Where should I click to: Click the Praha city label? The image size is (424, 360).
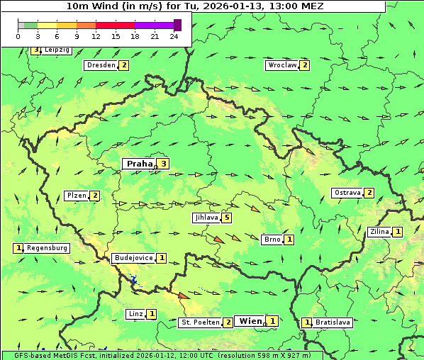[x=139, y=164]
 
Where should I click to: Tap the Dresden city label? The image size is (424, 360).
[x=100, y=65]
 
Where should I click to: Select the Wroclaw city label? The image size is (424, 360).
[x=281, y=65]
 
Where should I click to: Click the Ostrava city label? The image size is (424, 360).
[x=347, y=193]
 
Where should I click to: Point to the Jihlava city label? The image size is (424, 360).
[x=206, y=218]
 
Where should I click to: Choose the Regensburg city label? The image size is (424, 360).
[x=48, y=248]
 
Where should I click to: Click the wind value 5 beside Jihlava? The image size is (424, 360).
[x=227, y=218]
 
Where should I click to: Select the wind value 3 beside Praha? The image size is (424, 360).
[x=164, y=164]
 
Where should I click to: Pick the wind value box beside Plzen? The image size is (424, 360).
[x=95, y=196]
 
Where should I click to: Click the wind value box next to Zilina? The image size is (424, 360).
[x=398, y=232]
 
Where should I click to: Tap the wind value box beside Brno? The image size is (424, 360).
[x=289, y=240]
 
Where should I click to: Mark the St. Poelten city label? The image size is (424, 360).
[x=200, y=322]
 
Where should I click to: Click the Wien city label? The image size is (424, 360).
[x=250, y=321]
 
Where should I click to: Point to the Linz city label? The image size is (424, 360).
[x=136, y=313]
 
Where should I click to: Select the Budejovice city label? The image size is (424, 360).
[x=133, y=258]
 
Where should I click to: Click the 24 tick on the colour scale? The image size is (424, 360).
[x=174, y=36]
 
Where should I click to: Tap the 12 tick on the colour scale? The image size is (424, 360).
[x=96, y=36]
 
